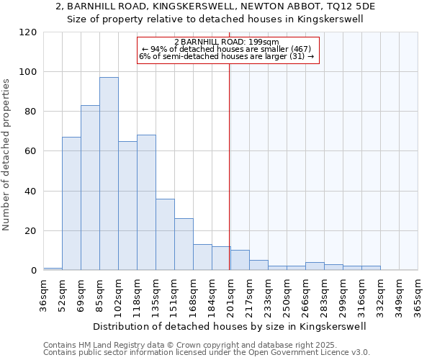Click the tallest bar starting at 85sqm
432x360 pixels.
pyautogui.click(x=109, y=174)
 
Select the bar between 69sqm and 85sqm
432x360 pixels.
pyautogui.click(x=90, y=188)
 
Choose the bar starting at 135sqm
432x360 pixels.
pyautogui.click(x=165, y=235)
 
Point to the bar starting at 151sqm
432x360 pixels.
pyautogui.click(x=184, y=244)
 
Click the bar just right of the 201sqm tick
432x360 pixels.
pyautogui.click(x=240, y=260)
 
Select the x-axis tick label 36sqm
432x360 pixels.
pyautogui.click(x=43, y=294)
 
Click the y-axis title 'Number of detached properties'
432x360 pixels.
pyautogui.click(x=7, y=155)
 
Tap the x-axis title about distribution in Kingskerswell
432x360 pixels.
pyautogui.click(x=230, y=326)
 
